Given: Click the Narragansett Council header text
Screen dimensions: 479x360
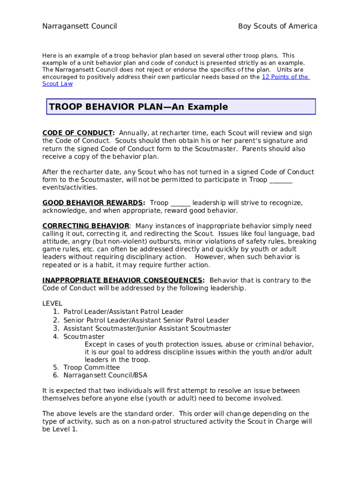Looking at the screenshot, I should (79, 26).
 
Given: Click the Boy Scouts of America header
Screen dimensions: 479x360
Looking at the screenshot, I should (278, 26).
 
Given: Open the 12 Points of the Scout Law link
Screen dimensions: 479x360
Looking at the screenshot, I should (285, 77).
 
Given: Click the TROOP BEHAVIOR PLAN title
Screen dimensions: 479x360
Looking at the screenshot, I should (138, 107).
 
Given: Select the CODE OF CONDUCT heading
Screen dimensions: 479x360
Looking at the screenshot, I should (78, 133).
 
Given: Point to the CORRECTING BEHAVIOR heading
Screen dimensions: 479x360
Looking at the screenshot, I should (86, 226).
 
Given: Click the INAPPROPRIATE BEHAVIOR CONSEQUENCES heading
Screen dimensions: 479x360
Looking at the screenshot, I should (123, 281).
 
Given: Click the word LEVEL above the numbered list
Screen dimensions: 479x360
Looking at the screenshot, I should (52, 304).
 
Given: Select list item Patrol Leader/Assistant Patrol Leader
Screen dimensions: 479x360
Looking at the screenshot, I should (123, 312).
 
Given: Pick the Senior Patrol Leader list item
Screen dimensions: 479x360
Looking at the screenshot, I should (146, 320).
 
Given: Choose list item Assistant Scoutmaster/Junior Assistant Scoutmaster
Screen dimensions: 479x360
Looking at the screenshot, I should (147, 329).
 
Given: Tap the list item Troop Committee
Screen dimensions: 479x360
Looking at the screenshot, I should (92, 368).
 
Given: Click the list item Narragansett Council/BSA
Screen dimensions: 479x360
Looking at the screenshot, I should (105, 376).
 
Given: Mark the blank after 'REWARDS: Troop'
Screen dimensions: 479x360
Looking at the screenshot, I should (180, 203).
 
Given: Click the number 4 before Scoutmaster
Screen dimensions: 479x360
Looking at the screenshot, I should (56, 337).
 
